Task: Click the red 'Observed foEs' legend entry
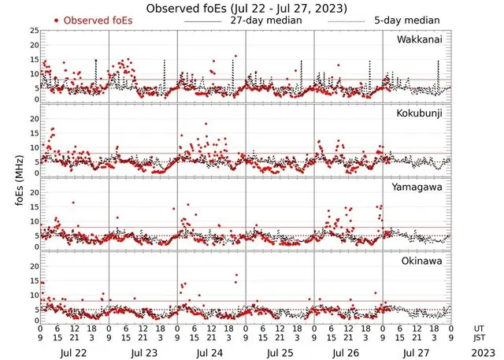[87, 20]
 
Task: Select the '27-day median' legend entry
[265, 20]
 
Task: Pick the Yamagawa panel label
[419, 187]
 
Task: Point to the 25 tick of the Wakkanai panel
[32, 31]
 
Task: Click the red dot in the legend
[57, 20]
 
